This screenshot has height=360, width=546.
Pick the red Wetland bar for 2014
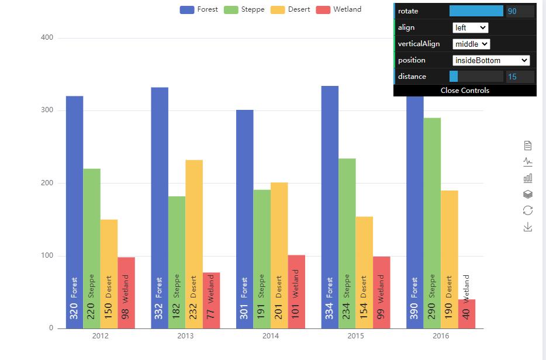[x=296, y=275]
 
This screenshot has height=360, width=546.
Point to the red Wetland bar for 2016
[x=466, y=314]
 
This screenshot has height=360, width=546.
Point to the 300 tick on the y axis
[x=46, y=110]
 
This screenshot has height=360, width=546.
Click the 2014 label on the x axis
[x=271, y=336]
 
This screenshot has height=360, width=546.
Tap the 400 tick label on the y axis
[x=46, y=38]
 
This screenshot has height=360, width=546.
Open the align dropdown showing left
[x=470, y=27]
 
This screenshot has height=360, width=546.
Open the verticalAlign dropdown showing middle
[x=471, y=44]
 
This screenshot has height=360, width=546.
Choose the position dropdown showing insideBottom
[x=491, y=60]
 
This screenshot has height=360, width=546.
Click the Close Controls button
[x=465, y=91]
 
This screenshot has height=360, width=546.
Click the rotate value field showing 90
[x=520, y=11]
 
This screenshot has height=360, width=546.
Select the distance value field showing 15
[x=520, y=77]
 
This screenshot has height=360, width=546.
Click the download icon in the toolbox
[x=528, y=227]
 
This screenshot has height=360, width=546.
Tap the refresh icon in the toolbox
[x=528, y=210]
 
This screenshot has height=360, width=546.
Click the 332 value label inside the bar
[x=159, y=311]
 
